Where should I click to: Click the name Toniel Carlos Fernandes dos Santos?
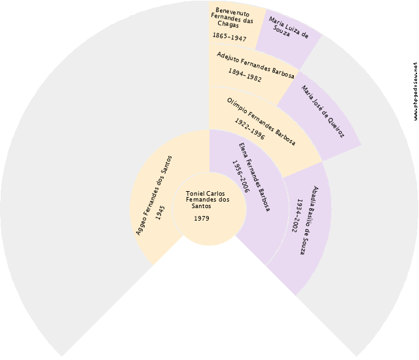[x=208, y=200]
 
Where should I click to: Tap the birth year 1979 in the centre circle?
[x=202, y=219]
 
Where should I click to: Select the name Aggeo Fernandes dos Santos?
[x=154, y=196]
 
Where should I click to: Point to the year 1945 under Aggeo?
[x=160, y=213]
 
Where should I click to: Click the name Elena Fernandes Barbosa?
[x=254, y=177]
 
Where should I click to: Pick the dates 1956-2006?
[x=241, y=176]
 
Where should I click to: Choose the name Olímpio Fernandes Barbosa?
[x=261, y=122]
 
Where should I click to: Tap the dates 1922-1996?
[x=249, y=129]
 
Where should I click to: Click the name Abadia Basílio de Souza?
[x=308, y=221]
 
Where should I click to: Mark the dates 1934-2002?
[x=297, y=216]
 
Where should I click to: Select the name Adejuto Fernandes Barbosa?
[x=255, y=65]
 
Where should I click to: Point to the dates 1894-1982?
[x=245, y=75]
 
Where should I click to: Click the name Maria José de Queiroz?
[x=323, y=112]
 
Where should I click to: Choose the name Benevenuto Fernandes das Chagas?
[x=232, y=18]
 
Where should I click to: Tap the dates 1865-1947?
[x=229, y=37]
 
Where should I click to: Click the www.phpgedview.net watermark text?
[x=415, y=91]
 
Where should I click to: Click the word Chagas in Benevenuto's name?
[x=228, y=24]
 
